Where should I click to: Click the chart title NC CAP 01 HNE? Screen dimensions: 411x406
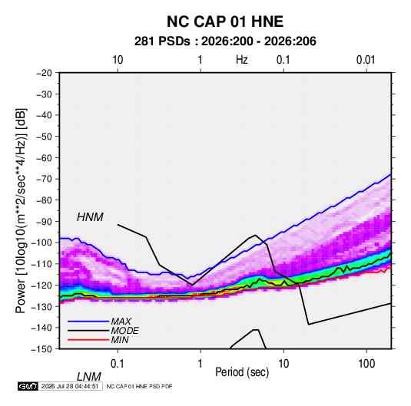click(x=225, y=21)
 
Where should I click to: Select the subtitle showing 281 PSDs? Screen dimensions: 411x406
click(x=225, y=41)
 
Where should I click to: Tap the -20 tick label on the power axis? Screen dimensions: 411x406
click(x=44, y=73)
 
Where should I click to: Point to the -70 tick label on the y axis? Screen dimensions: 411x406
click(x=44, y=179)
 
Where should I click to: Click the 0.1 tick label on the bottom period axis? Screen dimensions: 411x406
click(x=118, y=364)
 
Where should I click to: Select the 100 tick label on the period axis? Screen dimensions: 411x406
click(x=366, y=364)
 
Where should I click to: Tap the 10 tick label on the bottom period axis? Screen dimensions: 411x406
click(x=283, y=364)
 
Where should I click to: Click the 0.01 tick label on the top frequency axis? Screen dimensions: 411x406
click(x=366, y=60)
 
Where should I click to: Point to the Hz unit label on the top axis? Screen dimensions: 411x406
click(x=242, y=60)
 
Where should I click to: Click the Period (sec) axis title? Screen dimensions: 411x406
click(x=242, y=372)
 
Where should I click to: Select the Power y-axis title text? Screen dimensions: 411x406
click(x=21, y=211)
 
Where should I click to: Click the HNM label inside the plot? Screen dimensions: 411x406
click(x=90, y=217)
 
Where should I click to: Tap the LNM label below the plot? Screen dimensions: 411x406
click(x=88, y=377)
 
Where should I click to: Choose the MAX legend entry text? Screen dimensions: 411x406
click(x=121, y=322)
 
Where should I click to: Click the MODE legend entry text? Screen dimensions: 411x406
click(x=124, y=331)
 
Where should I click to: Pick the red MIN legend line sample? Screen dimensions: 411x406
click(x=88, y=340)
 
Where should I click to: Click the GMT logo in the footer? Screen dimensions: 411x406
click(x=28, y=386)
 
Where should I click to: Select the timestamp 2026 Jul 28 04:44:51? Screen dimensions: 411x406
click(x=70, y=386)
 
